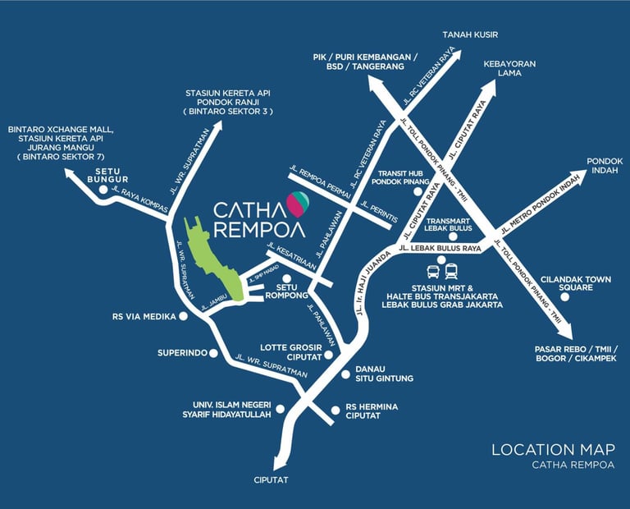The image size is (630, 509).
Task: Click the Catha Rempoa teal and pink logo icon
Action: click(x=297, y=201)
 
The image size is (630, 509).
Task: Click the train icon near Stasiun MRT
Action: click(x=451, y=270)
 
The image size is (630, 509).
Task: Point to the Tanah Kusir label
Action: click(x=470, y=34)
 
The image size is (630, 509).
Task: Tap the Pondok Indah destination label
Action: click(x=605, y=167)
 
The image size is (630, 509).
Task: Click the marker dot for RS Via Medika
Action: click(x=183, y=315)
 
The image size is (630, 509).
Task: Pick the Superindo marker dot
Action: click(x=213, y=354)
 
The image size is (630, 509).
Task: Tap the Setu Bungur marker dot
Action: click(x=103, y=189)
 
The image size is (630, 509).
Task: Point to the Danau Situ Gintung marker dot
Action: click(x=345, y=374)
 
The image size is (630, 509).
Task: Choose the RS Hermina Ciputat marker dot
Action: click(x=335, y=408)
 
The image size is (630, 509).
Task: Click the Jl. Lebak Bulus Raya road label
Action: click(x=440, y=248)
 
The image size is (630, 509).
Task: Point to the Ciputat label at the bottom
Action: click(x=272, y=480)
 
